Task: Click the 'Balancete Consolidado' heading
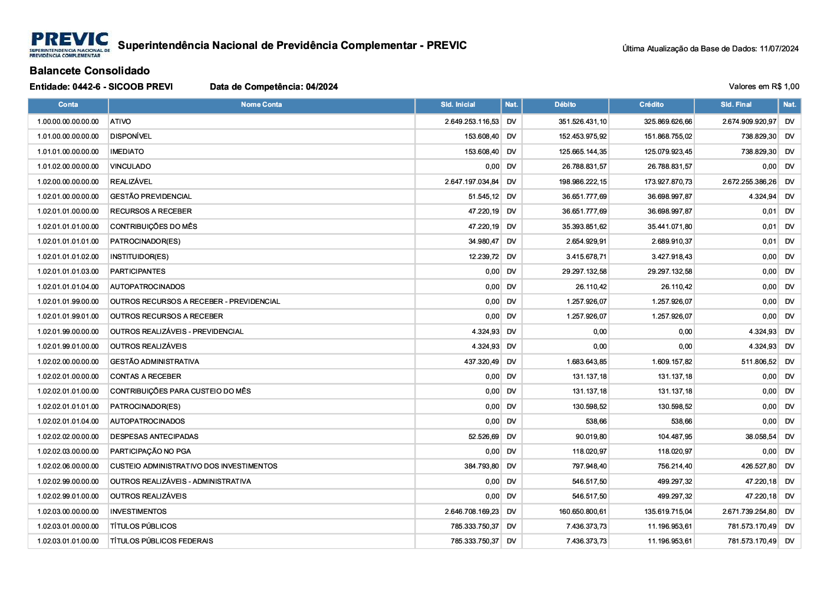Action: (x=90, y=71)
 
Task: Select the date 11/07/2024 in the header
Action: (x=779, y=49)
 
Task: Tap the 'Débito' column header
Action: (x=565, y=105)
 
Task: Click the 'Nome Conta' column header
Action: (x=261, y=105)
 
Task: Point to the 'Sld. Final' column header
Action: (x=736, y=105)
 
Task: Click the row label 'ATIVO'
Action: (x=121, y=122)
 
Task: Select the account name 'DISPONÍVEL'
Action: (x=131, y=136)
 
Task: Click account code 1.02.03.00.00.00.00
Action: (x=68, y=512)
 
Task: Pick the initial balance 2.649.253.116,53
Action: (x=472, y=122)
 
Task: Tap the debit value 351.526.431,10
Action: (x=582, y=122)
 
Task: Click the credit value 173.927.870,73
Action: (x=668, y=182)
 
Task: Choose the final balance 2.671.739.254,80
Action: (x=749, y=512)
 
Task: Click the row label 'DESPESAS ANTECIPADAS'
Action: (x=154, y=437)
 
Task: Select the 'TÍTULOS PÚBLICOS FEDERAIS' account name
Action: (x=161, y=541)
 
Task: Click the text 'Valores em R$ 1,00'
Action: (x=764, y=87)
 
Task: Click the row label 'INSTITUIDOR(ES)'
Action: (x=139, y=257)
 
